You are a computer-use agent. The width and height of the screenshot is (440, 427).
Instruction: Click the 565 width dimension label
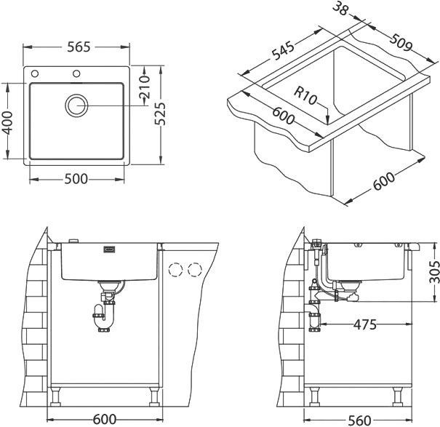click(x=79, y=47)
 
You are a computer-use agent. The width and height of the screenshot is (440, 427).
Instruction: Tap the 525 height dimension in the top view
click(x=161, y=113)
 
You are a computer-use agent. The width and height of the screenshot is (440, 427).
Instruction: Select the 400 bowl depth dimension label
click(x=7, y=122)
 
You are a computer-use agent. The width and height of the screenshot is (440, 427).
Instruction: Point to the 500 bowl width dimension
click(x=76, y=179)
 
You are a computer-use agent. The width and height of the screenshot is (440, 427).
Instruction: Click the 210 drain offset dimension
click(x=145, y=87)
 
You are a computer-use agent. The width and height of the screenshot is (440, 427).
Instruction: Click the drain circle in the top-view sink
click(x=76, y=105)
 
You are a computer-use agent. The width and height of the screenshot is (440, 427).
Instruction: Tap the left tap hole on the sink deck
click(x=35, y=73)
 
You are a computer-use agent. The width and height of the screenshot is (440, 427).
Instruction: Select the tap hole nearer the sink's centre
click(x=76, y=73)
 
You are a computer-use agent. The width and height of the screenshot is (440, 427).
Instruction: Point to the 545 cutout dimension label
click(x=284, y=50)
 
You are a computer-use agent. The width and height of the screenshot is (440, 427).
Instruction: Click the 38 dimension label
click(x=340, y=9)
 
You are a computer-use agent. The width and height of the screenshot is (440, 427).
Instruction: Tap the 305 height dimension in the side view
click(x=433, y=272)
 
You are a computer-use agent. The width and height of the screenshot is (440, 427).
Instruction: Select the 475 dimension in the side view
click(x=365, y=324)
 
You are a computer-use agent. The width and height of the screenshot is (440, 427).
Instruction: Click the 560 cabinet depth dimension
click(x=359, y=420)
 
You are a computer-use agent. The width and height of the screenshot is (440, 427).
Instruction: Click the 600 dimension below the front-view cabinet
click(x=105, y=420)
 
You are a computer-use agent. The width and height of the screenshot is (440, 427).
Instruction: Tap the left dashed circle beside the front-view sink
click(x=176, y=269)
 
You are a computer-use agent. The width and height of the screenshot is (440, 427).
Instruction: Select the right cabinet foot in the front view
click(x=154, y=396)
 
